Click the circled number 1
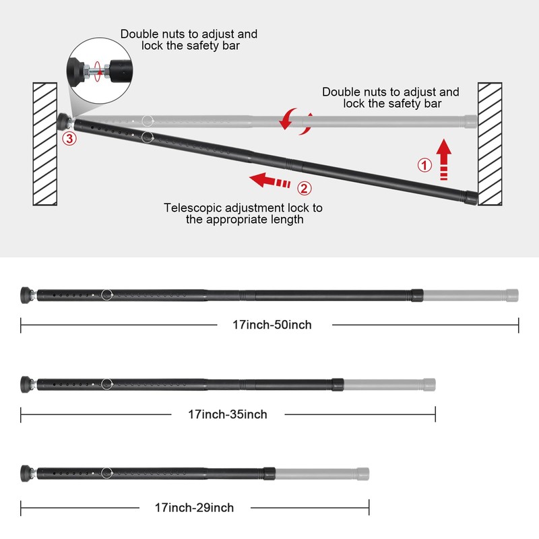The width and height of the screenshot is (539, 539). [x=424, y=165]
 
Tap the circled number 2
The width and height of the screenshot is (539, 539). [x=305, y=189]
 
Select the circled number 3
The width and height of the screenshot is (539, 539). [x=69, y=139]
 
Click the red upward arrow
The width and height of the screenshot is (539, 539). [x=444, y=160]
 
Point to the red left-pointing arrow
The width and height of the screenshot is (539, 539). [x=270, y=180]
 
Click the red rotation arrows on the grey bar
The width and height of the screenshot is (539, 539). [x=296, y=121]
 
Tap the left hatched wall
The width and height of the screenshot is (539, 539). [x=45, y=144]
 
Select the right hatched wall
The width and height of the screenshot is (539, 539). [x=490, y=144]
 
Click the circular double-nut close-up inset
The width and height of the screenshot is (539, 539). [x=99, y=71]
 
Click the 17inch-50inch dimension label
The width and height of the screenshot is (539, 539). [x=272, y=325]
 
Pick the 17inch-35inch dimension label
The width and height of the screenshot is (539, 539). [x=228, y=414]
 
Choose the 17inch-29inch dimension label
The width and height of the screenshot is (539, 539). [x=194, y=508]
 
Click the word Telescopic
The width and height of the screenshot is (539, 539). [x=193, y=208]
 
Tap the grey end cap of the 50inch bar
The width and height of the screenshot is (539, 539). [x=512, y=295]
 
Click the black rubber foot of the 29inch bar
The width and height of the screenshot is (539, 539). [x=25, y=473]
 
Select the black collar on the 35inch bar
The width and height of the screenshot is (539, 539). [x=338, y=385]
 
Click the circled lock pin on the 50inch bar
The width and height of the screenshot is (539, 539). [x=107, y=295]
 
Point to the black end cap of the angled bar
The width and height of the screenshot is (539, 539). [x=472, y=197]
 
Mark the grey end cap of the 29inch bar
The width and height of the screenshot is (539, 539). [x=362, y=474]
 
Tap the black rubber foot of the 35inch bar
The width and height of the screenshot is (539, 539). [x=25, y=384]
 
